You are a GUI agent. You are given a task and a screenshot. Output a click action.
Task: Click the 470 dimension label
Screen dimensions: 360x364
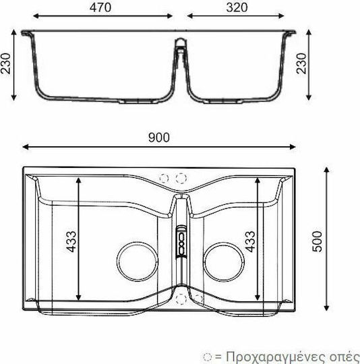(x=100, y=7)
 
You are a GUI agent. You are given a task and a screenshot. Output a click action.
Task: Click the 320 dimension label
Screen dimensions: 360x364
(x=237, y=7)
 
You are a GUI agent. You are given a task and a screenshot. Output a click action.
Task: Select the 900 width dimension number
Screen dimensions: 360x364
(x=159, y=138)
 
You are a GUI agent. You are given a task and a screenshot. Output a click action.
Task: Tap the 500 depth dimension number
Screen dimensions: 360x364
(x=318, y=241)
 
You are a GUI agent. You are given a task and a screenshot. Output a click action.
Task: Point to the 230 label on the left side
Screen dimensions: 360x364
(x=6, y=63)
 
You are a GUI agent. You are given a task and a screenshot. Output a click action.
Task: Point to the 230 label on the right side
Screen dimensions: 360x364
(x=301, y=63)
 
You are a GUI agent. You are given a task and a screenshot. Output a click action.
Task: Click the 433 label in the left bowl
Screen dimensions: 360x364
(x=71, y=241)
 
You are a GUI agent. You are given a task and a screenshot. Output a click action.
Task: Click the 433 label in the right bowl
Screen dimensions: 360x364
(x=250, y=241)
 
